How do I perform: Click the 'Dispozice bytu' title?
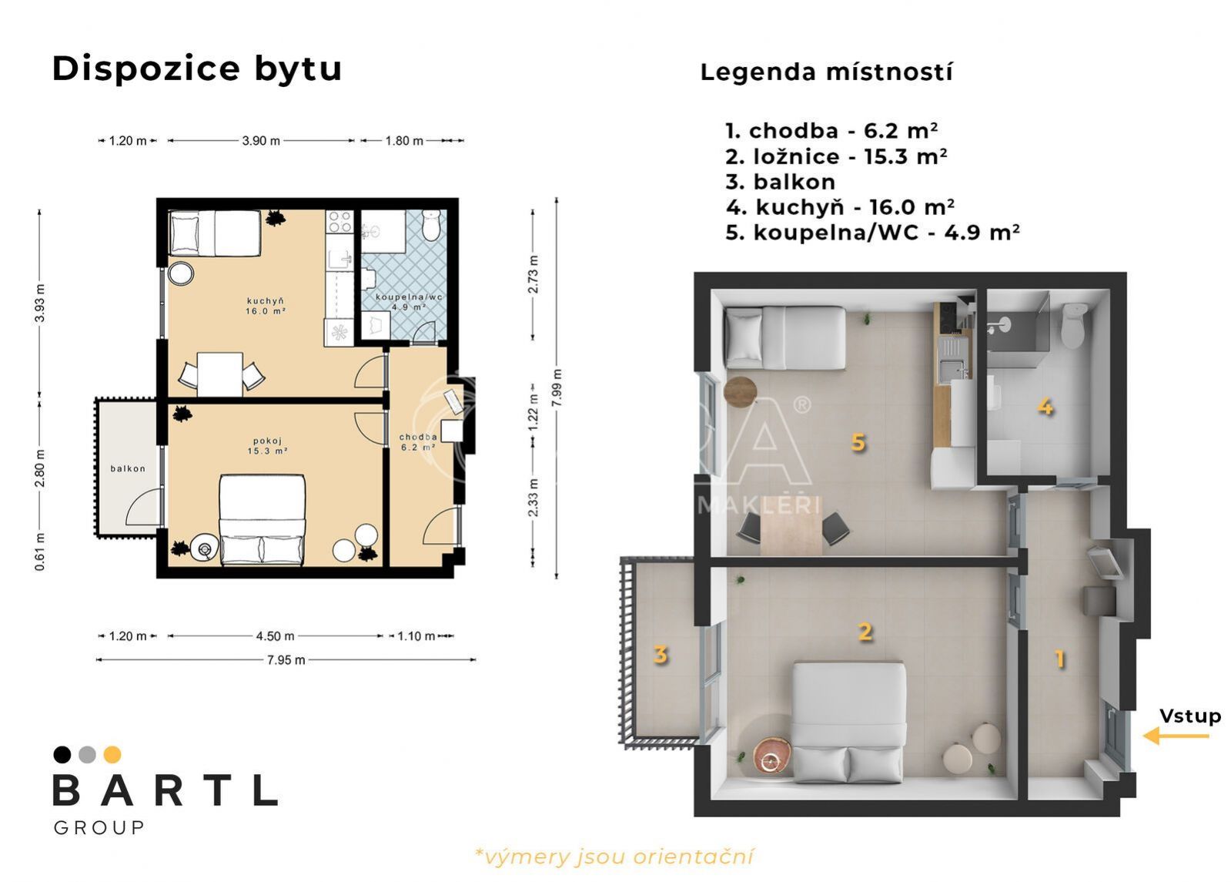click(x=197, y=69)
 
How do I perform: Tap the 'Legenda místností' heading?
click(x=826, y=72)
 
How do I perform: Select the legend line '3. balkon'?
click(x=780, y=182)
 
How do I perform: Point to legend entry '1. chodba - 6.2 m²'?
click(x=831, y=131)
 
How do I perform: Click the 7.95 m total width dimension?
click(x=286, y=660)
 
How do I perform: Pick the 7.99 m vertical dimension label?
click(x=557, y=388)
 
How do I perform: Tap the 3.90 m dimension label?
click(x=261, y=141)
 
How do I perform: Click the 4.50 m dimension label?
click(x=275, y=636)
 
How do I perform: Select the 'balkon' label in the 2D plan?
click(x=128, y=468)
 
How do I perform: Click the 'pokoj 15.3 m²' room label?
click(x=267, y=446)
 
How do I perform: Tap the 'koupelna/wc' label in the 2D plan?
click(x=408, y=297)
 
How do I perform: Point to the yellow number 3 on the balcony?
click(x=660, y=654)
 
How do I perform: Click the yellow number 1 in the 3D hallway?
click(x=1059, y=659)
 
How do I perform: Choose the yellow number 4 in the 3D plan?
click(x=1045, y=407)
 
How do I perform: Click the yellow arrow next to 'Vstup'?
click(x=1176, y=736)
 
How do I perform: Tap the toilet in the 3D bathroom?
click(x=1072, y=326)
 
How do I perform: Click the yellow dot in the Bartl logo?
click(x=112, y=754)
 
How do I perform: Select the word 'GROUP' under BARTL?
click(x=99, y=827)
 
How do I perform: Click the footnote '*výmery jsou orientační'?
click(x=614, y=857)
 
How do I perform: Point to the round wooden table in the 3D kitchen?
click(x=741, y=391)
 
